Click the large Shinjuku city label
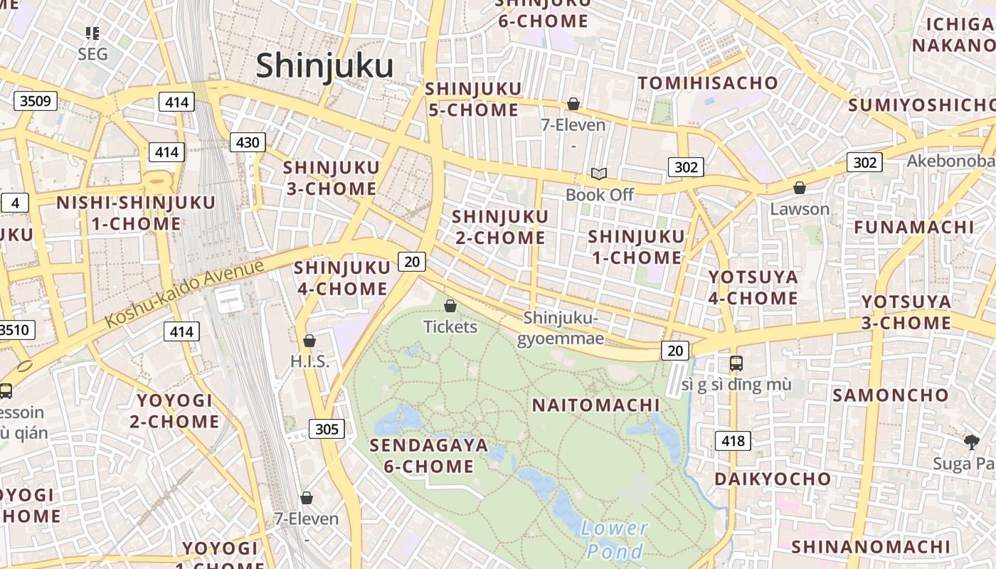tap(324, 66)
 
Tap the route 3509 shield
tap(35, 101)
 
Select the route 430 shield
tap(248, 142)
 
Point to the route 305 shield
tap(327, 429)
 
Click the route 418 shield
tap(733, 441)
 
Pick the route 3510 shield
tap(16, 330)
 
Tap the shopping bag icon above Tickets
tap(450, 307)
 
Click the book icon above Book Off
tap(599, 174)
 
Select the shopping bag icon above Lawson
tap(800, 188)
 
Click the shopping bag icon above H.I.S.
tap(309, 341)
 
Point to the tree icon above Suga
tap(972, 442)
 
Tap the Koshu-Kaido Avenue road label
tap(184, 294)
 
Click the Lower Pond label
tap(615, 539)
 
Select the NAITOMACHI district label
tap(596, 405)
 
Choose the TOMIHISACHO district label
tap(708, 83)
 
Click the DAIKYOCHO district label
tap(773, 479)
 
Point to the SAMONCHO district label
tap(891, 395)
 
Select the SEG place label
tap(92, 54)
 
